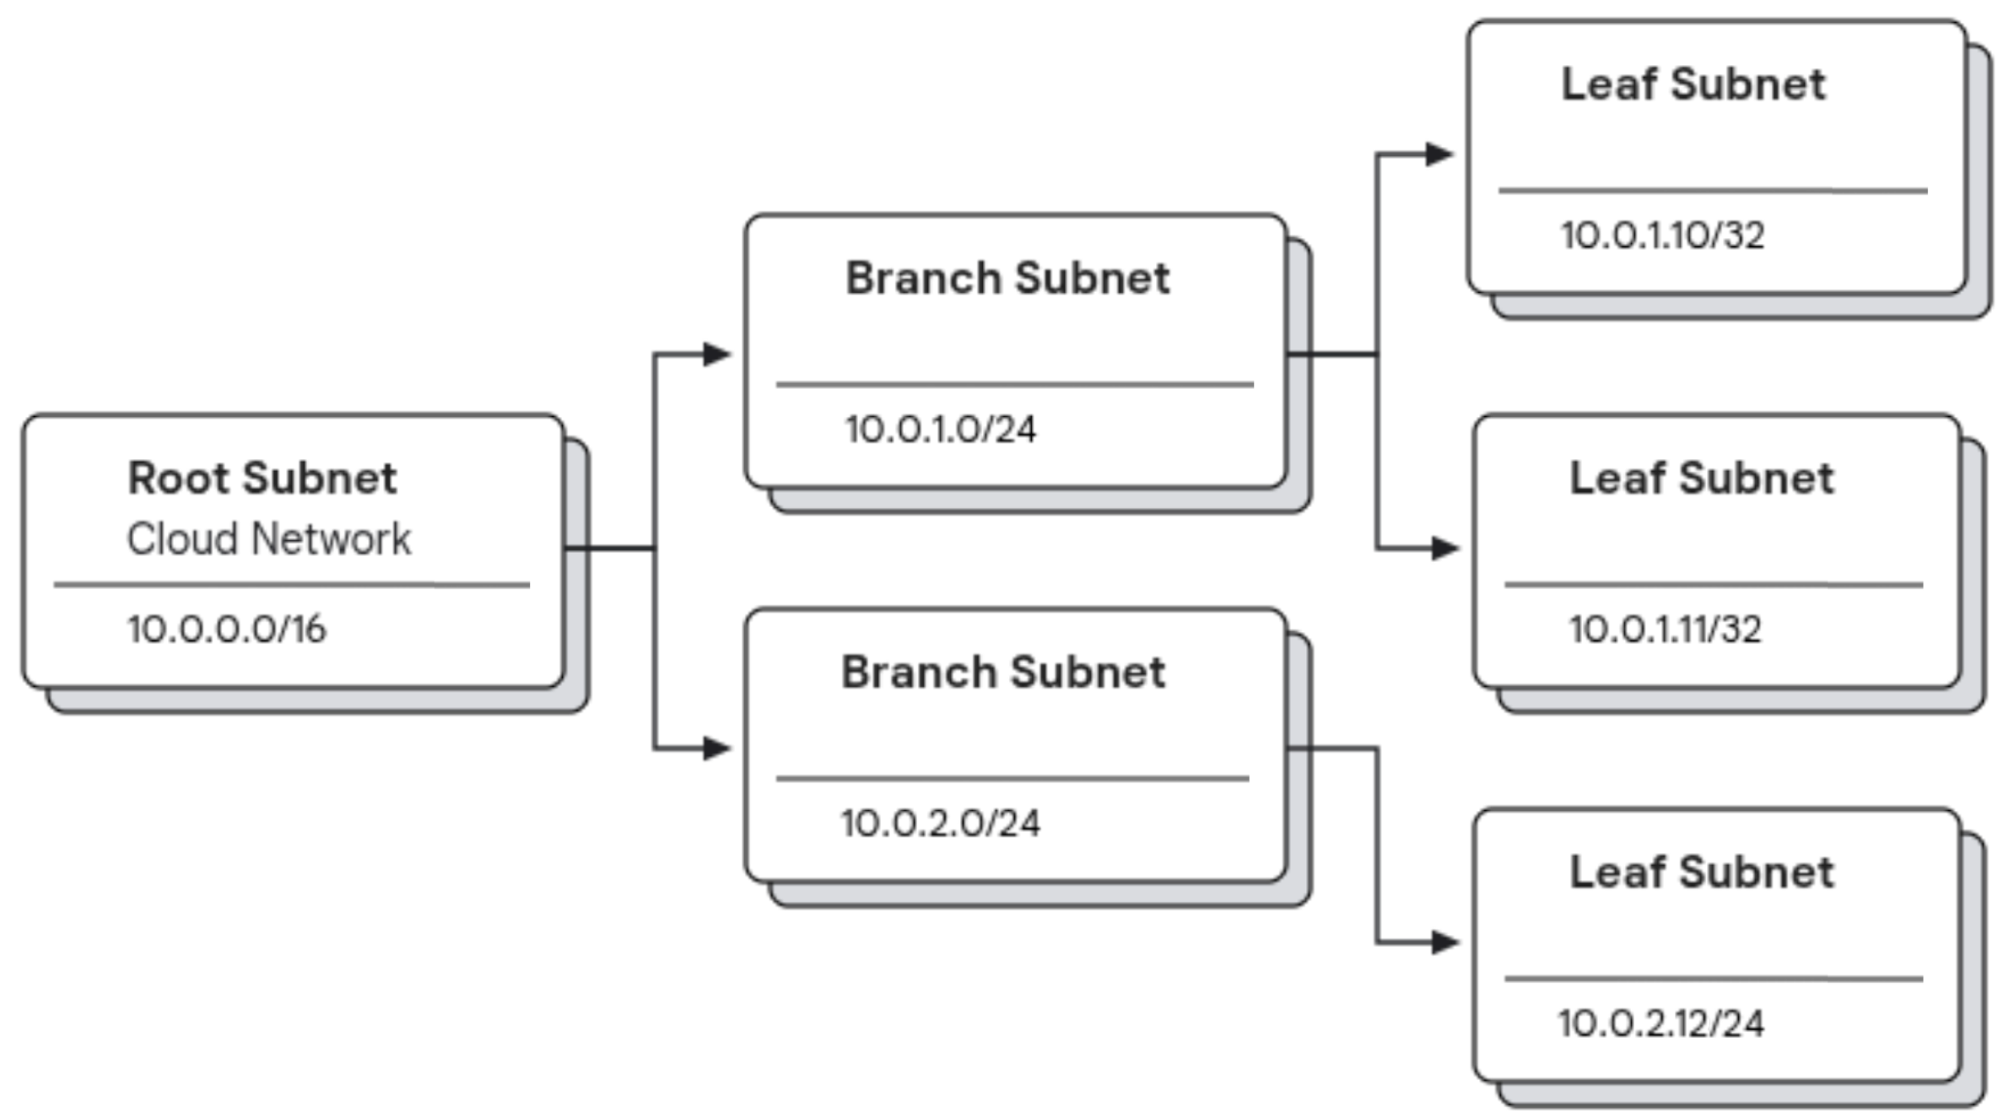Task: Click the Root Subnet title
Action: point(262,478)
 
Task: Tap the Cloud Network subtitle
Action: point(268,539)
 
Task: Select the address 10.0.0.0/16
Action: point(226,630)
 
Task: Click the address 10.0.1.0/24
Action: point(940,430)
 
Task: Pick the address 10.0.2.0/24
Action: point(940,824)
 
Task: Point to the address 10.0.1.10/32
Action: point(1662,235)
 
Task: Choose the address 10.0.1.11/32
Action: point(1665,630)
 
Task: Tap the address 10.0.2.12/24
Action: point(1660,1024)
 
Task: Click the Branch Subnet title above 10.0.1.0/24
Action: point(1007,278)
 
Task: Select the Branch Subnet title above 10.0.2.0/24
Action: point(1003,673)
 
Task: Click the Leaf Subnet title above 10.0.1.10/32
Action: point(1693,84)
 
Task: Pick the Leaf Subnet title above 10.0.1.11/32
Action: point(1701,478)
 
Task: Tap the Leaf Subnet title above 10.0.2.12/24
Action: point(1701,873)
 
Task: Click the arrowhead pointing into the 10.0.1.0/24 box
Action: point(716,354)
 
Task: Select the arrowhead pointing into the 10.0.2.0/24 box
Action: point(716,748)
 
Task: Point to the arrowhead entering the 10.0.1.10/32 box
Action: point(1439,154)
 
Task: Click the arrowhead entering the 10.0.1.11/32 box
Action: point(1445,549)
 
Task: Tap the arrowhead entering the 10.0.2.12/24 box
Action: point(1445,943)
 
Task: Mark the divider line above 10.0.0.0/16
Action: point(291,584)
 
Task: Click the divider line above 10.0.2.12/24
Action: point(1713,979)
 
